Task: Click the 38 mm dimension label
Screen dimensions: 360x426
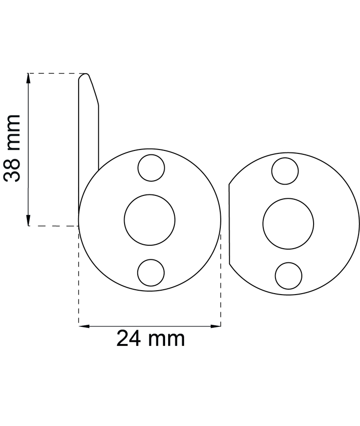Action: click(x=12, y=148)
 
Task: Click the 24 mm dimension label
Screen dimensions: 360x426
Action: click(x=150, y=338)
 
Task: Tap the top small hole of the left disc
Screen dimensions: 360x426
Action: click(x=151, y=168)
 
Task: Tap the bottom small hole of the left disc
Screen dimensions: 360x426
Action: click(x=151, y=273)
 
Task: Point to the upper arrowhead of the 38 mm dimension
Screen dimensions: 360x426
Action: click(x=28, y=79)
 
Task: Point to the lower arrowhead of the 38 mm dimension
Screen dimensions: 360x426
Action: click(x=28, y=220)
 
